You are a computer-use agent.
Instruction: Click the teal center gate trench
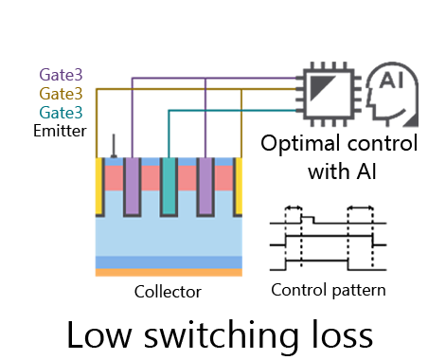click(169, 186)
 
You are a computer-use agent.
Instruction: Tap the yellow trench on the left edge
click(98, 185)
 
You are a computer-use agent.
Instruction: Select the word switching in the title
click(209, 335)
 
